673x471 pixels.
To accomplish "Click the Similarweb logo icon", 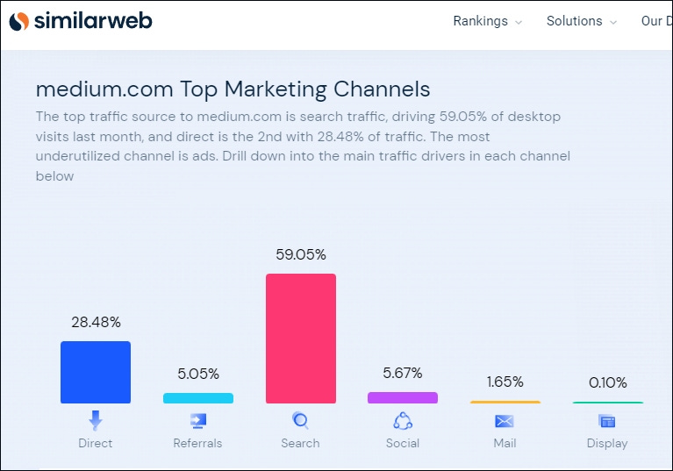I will pos(18,21).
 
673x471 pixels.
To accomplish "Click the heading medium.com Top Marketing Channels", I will pos(233,89).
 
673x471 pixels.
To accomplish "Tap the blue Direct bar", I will pos(96,373).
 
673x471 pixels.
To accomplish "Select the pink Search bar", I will pos(300,339).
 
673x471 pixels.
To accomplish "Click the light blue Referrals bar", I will pos(198,398).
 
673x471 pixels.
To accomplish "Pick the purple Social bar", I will pos(403,398).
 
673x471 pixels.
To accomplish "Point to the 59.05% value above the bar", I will pos(301,255).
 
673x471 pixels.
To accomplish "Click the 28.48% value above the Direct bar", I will pos(96,323).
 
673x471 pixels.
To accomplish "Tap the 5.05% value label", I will pos(198,374).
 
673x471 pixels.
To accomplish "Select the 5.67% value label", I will pos(403,373).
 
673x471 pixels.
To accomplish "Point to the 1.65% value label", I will pos(505,382).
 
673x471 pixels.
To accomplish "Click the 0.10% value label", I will pos(607,383).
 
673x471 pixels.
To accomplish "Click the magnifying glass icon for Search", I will pos(300,421).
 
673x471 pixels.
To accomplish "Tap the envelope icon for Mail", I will pos(505,421).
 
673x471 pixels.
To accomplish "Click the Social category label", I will pos(403,443).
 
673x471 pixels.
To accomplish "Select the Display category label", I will pos(607,443).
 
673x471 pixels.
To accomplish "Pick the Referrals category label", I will pos(198,443).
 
